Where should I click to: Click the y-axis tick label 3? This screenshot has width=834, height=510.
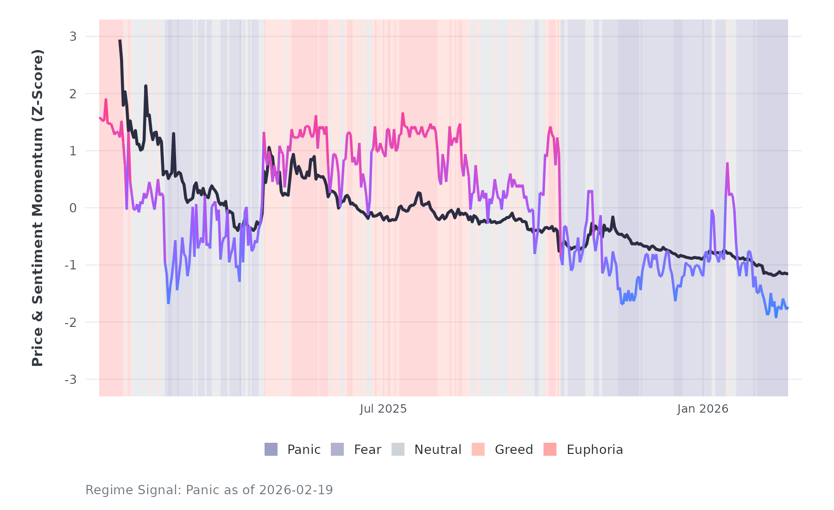pyautogui.click(x=73, y=37)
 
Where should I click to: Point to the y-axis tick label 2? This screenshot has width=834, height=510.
pyautogui.click(x=73, y=94)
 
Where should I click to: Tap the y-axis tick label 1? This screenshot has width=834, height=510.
pyautogui.click(x=73, y=151)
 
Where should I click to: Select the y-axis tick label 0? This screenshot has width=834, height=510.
pyautogui.click(x=73, y=208)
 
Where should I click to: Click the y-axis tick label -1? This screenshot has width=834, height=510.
pyautogui.click(x=70, y=265)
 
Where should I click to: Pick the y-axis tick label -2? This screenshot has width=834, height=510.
pyautogui.click(x=70, y=323)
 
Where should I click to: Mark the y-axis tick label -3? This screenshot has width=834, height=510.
pyautogui.click(x=70, y=380)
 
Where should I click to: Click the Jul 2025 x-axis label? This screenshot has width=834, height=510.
pyautogui.click(x=383, y=409)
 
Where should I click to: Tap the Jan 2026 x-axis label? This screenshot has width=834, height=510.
pyautogui.click(x=702, y=409)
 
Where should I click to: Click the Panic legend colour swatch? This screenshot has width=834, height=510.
pyautogui.click(x=271, y=449)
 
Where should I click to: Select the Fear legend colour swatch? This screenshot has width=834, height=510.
pyautogui.click(x=337, y=449)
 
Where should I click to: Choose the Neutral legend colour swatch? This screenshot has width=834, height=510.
pyautogui.click(x=398, y=449)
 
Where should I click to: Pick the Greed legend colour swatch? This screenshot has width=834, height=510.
pyautogui.click(x=478, y=449)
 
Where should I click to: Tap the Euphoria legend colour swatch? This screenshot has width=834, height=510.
pyautogui.click(x=550, y=449)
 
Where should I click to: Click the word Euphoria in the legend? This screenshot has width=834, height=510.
pyautogui.click(x=594, y=450)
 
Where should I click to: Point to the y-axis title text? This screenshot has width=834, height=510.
pyautogui.click(x=38, y=208)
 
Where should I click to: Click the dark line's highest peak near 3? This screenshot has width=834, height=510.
pyautogui.click(x=120, y=41)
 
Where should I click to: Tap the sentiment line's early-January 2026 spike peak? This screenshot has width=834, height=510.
pyautogui.click(x=727, y=163)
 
